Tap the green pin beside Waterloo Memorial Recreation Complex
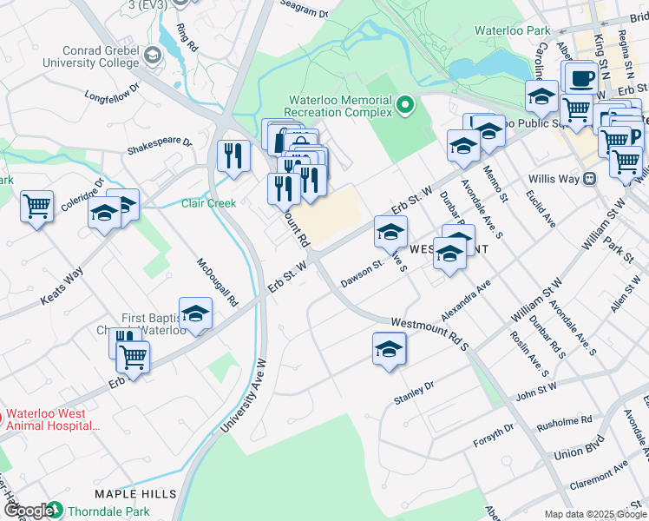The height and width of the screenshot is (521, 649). tap(404, 107)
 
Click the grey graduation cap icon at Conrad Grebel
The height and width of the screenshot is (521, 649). tap(153, 56)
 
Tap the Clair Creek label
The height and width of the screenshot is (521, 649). tap(208, 203)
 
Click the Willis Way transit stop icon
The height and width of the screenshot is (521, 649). tap(590, 179)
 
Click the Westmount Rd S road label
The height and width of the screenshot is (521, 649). tap(429, 333)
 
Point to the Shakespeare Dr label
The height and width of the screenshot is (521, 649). tap(159, 142)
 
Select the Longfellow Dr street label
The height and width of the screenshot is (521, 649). tap(113, 91)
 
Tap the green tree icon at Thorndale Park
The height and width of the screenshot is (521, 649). tap(55, 511)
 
